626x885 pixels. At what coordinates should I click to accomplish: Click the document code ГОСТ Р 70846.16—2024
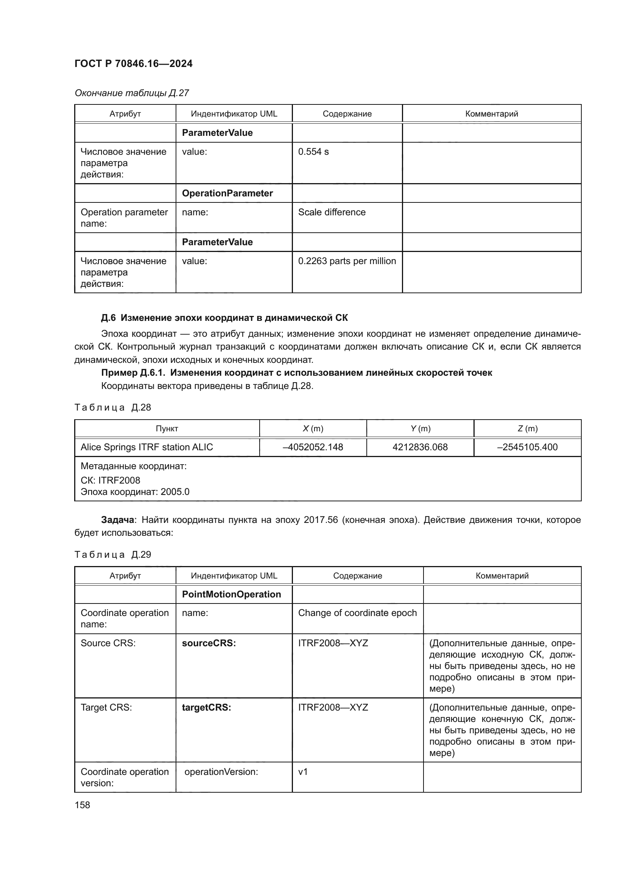[x=133, y=64]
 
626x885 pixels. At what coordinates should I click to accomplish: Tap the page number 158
[x=82, y=805]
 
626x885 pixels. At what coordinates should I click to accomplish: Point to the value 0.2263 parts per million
[x=347, y=261]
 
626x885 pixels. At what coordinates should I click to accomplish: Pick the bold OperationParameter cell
[x=227, y=193]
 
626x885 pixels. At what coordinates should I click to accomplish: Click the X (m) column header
[x=313, y=429]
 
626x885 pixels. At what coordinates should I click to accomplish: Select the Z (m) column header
[x=527, y=429]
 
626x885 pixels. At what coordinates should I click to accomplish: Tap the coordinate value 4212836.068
[x=420, y=447]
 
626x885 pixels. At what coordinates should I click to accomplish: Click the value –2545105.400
[x=527, y=447]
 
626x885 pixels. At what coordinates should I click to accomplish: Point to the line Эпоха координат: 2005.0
[x=135, y=492]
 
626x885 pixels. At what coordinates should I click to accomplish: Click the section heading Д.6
[x=224, y=318]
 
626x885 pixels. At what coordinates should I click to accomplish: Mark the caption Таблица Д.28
[x=112, y=408]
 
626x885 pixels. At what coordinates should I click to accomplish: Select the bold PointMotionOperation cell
[x=231, y=594]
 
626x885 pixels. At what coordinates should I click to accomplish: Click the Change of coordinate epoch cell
[x=357, y=613]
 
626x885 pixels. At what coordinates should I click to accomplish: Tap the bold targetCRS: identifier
[x=206, y=708]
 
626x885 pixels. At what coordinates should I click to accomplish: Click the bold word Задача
[x=118, y=520]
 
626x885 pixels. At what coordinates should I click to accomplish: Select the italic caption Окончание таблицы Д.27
[x=131, y=93]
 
